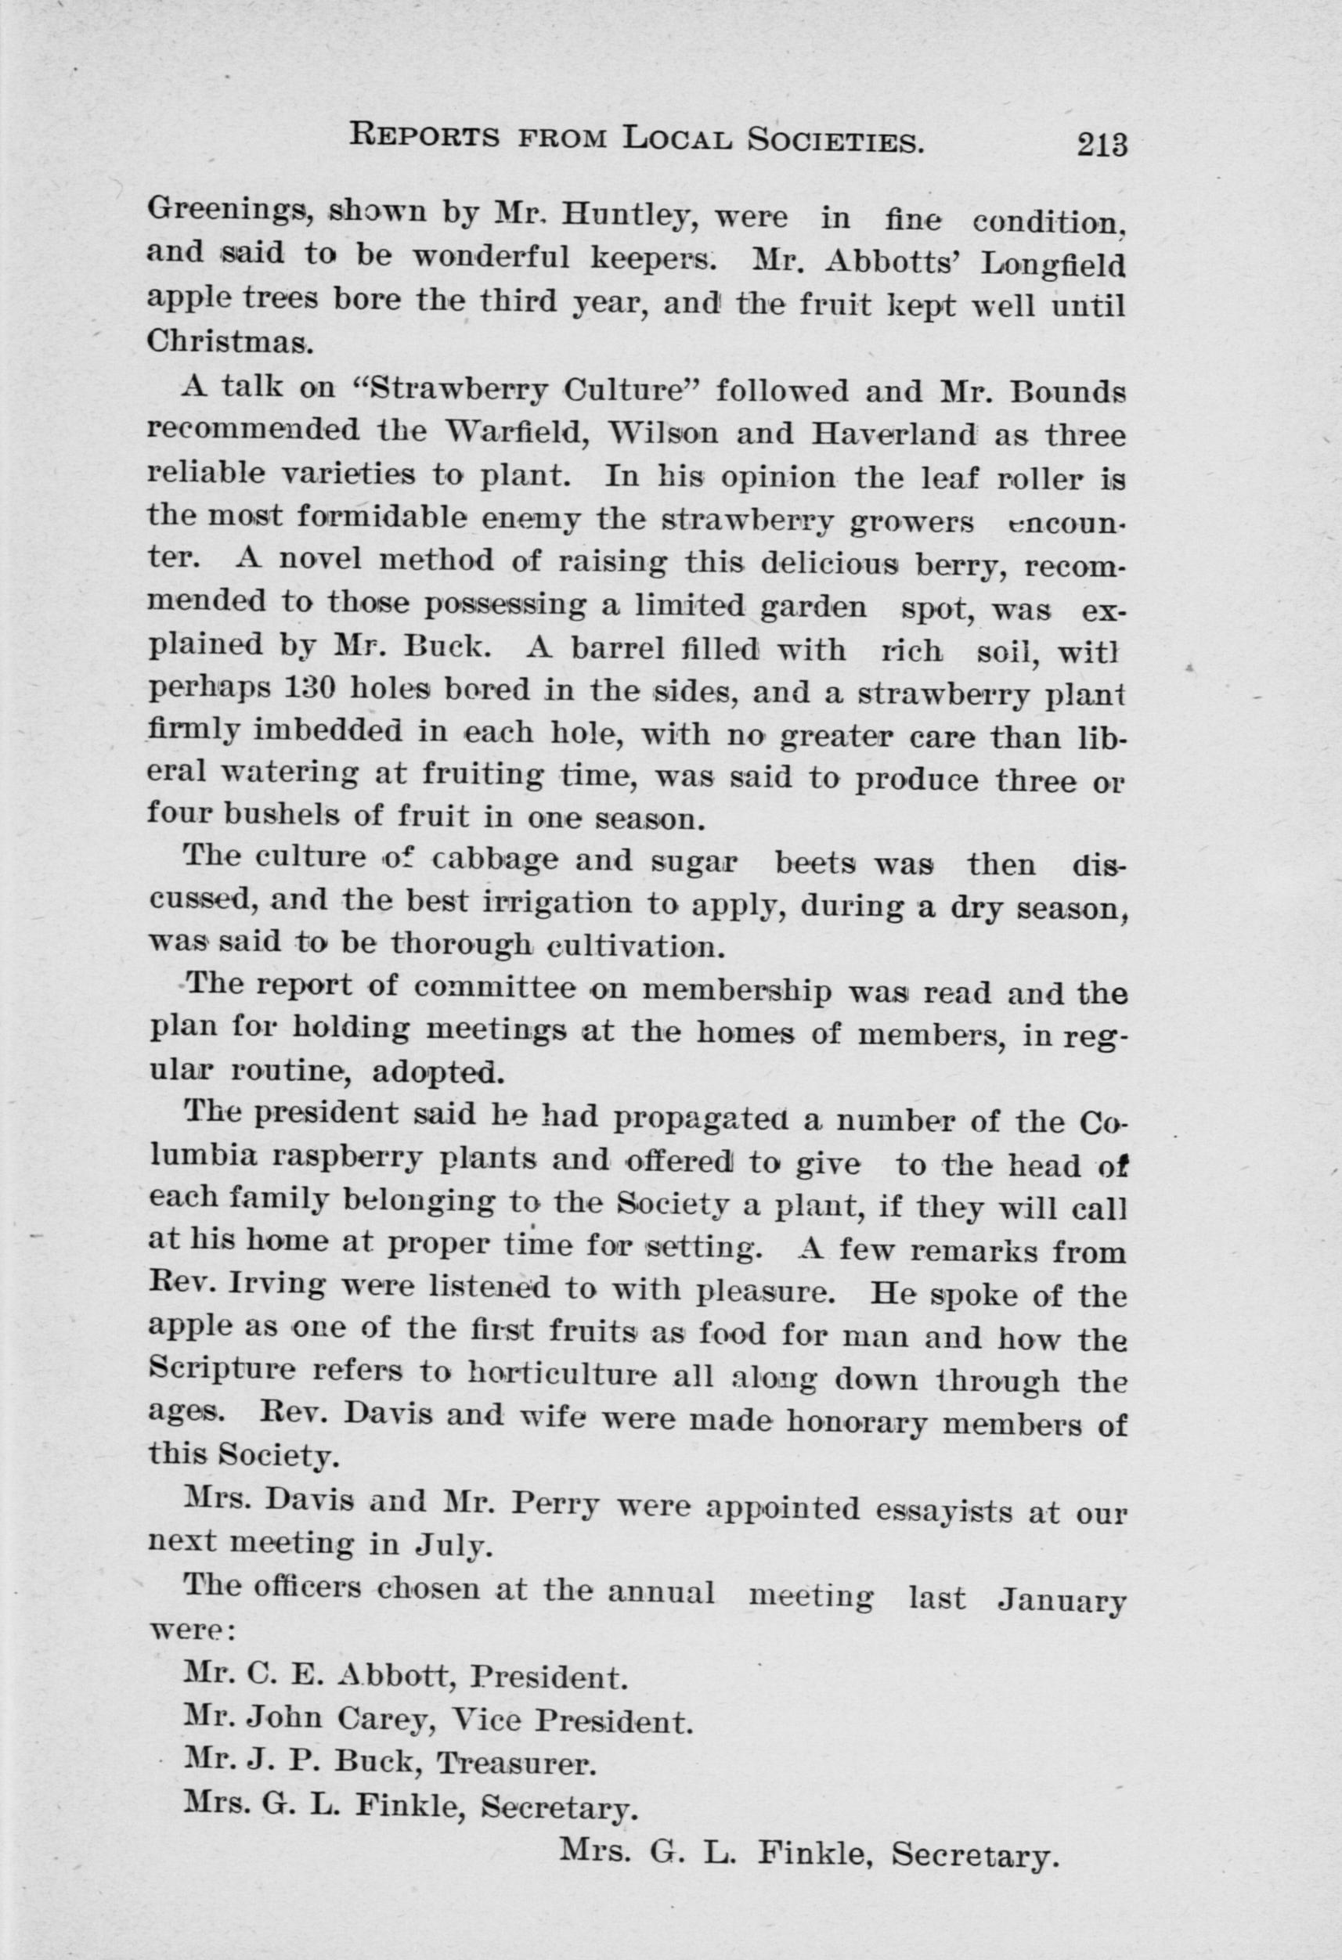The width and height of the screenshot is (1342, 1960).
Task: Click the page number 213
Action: (1102, 144)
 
